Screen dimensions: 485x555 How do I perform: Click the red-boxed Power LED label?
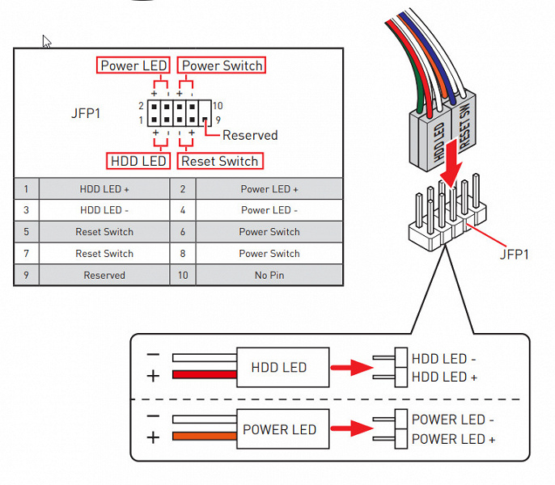(x=133, y=65)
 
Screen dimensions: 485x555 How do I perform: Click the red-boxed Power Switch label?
(x=222, y=65)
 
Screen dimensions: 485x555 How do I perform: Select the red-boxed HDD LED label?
(x=138, y=161)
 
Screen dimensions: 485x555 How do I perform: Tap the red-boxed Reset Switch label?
(x=219, y=161)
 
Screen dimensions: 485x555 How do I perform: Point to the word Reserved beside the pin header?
(x=250, y=136)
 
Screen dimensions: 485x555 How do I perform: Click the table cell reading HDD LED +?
(x=104, y=189)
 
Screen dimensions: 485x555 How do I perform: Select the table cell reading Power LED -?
(x=269, y=210)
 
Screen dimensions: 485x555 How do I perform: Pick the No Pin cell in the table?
(x=269, y=275)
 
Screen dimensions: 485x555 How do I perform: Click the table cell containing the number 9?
(x=26, y=275)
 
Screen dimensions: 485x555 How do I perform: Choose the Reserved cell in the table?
(x=104, y=275)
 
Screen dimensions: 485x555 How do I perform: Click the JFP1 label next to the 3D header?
(x=514, y=254)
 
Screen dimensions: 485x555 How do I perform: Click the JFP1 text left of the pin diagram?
(x=86, y=113)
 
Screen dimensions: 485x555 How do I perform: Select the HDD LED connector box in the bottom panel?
(x=278, y=368)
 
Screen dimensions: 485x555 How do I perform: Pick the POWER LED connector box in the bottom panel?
(x=278, y=429)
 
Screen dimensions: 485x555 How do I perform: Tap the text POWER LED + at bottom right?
(x=453, y=439)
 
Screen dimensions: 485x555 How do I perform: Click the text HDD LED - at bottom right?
(x=444, y=358)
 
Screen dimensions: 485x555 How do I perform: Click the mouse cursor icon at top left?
(x=46, y=41)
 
